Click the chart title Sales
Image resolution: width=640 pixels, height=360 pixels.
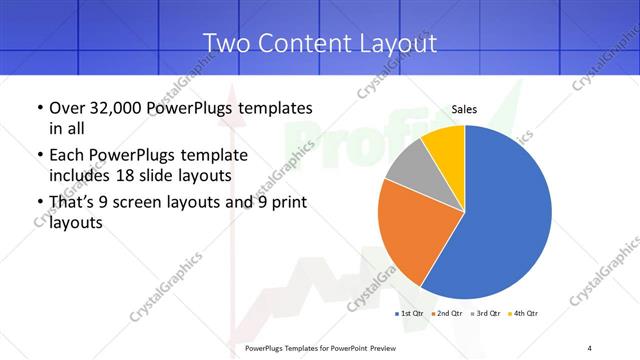pos(464,109)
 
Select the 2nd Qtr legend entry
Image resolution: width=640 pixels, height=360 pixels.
pos(448,314)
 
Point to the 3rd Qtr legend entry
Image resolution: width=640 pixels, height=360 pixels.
pos(486,314)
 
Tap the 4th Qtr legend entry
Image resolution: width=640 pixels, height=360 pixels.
pos(525,314)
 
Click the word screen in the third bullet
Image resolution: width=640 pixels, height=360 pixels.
pos(162,203)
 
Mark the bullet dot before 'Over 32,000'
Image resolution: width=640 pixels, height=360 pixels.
pos(39,108)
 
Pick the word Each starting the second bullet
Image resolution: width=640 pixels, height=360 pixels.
pos(66,155)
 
